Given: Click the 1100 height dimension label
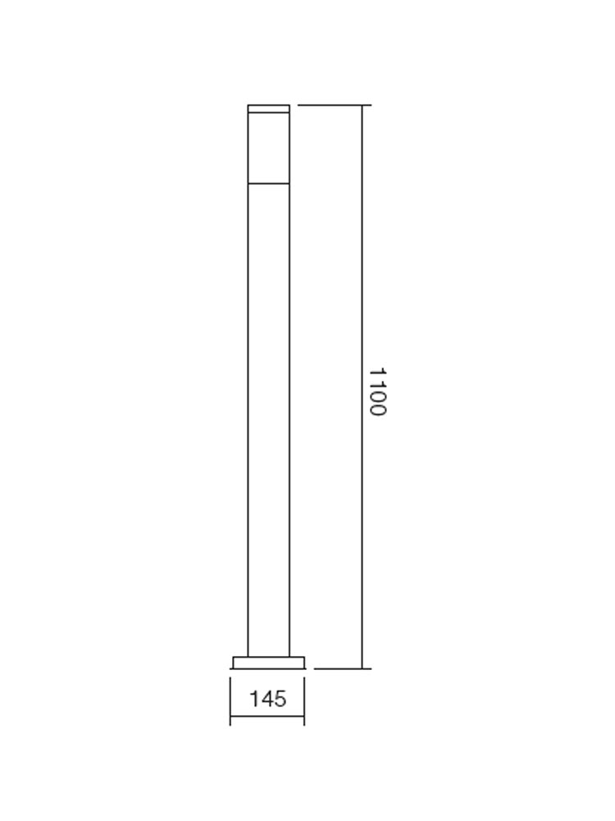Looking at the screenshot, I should (x=376, y=392).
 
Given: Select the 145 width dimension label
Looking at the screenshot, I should (x=268, y=699).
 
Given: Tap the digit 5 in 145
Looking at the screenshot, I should (x=280, y=699).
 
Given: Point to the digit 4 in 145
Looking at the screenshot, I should (x=267, y=699).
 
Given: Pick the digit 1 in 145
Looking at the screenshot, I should (x=255, y=699).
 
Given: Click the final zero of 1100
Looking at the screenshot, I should (x=376, y=409).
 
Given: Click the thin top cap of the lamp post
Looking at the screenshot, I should (x=269, y=108).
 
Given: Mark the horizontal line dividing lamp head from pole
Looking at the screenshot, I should (x=269, y=181).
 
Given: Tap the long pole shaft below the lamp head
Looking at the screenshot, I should (x=269, y=410).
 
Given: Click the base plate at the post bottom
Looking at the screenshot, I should (x=269, y=662).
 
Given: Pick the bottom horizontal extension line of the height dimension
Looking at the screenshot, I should (x=340, y=668).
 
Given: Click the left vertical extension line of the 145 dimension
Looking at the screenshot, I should (x=230, y=702).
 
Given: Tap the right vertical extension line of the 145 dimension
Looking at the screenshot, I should (x=304, y=702).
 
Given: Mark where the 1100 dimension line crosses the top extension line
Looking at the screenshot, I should (x=362, y=105).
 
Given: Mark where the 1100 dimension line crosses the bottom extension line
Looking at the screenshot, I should (x=362, y=668).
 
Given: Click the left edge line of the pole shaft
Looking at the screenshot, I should (x=248, y=410).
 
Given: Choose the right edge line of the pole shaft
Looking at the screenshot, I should (x=290, y=410).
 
